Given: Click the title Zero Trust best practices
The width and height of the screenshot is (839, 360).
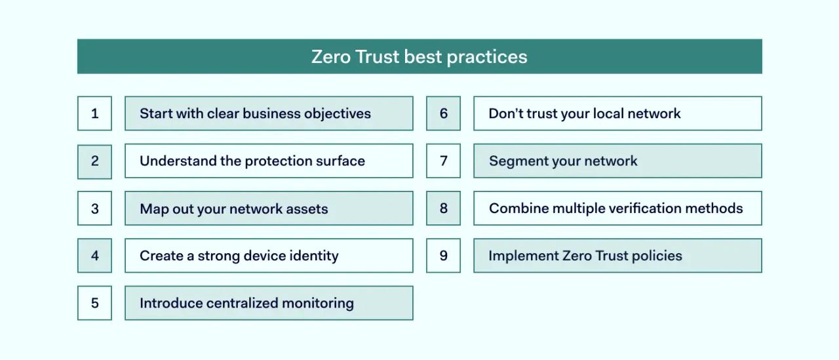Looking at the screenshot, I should (419, 56).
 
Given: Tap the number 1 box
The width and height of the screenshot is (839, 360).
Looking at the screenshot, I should (94, 113).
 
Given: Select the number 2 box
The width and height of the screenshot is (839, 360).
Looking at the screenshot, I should (94, 161).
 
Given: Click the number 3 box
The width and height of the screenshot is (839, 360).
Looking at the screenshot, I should (94, 209).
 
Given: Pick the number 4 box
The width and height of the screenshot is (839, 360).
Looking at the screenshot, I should (94, 256).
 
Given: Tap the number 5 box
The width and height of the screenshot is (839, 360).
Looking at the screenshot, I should (94, 303).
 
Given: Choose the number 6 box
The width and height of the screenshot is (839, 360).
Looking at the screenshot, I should (443, 113).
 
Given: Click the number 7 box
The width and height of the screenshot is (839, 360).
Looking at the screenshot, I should (443, 161).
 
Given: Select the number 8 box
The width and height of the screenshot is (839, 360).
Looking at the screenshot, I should (443, 209).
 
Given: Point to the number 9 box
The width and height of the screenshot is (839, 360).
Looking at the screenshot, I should (443, 256).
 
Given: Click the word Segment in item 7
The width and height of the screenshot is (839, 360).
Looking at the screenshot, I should (516, 161).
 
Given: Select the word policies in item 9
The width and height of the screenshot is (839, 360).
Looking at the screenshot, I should (657, 256).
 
